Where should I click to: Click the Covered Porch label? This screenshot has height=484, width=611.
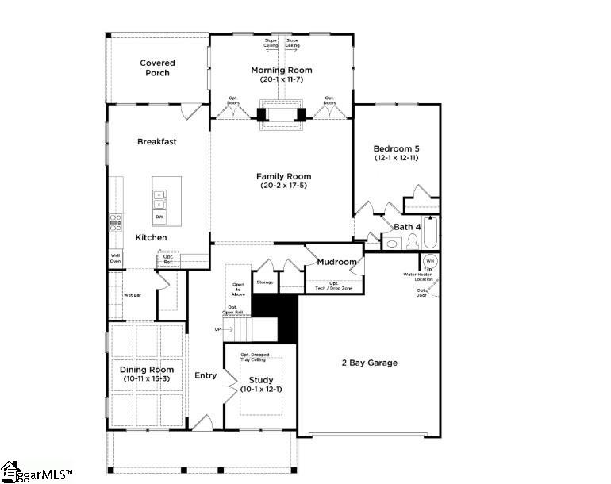157,68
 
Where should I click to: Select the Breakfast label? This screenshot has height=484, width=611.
157,142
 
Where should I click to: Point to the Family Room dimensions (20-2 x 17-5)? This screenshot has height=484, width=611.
283,186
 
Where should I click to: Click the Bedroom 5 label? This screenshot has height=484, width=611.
396,148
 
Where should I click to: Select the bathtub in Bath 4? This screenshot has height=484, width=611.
431,234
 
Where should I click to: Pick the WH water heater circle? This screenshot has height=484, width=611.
429,261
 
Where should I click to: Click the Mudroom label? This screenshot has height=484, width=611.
337,262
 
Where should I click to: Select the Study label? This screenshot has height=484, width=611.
260,380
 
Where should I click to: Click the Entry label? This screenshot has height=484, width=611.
206,375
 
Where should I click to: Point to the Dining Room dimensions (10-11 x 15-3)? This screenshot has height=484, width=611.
147,378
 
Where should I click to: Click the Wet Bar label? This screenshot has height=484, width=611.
132,295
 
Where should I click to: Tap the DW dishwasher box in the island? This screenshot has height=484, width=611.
159,217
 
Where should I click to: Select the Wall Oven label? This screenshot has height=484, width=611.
115,258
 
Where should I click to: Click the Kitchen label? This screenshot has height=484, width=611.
151,238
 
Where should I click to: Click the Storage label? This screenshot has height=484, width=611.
265,282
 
